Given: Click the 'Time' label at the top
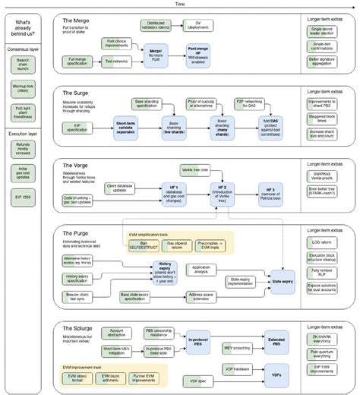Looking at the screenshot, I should pos(180,4).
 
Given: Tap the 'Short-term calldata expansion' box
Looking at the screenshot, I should pos(129,124).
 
